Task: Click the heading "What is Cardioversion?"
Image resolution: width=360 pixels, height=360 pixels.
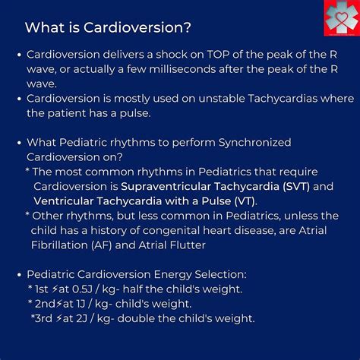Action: (108, 27)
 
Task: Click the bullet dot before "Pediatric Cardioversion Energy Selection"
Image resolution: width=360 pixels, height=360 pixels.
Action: (17, 274)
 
